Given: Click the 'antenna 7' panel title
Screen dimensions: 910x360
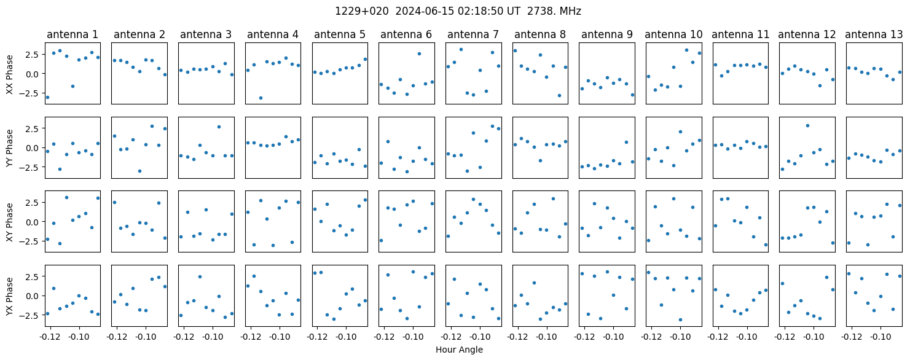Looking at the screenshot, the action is click(x=473, y=35).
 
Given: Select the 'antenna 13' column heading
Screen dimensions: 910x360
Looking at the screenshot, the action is click(x=874, y=35).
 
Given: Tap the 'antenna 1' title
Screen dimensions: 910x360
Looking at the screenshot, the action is click(x=73, y=35).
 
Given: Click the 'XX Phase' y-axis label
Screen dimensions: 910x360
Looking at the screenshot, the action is click(x=10, y=74).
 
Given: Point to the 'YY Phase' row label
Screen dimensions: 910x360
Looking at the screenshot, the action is click(x=10, y=148).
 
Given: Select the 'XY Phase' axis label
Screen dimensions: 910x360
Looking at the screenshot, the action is click(x=10, y=222).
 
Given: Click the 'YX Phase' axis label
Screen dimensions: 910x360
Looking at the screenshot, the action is click(x=10, y=297).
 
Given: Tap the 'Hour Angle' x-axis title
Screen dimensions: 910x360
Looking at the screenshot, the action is click(x=459, y=350).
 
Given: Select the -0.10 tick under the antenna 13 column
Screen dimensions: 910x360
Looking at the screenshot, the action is click(x=881, y=337).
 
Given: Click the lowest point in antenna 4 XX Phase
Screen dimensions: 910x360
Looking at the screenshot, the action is click(x=261, y=98).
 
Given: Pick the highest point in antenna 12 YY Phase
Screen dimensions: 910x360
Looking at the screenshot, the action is click(x=807, y=125).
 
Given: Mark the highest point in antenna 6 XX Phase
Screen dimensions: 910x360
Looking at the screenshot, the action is click(x=419, y=53).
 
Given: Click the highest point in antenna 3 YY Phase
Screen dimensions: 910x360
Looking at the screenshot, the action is click(x=219, y=127).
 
